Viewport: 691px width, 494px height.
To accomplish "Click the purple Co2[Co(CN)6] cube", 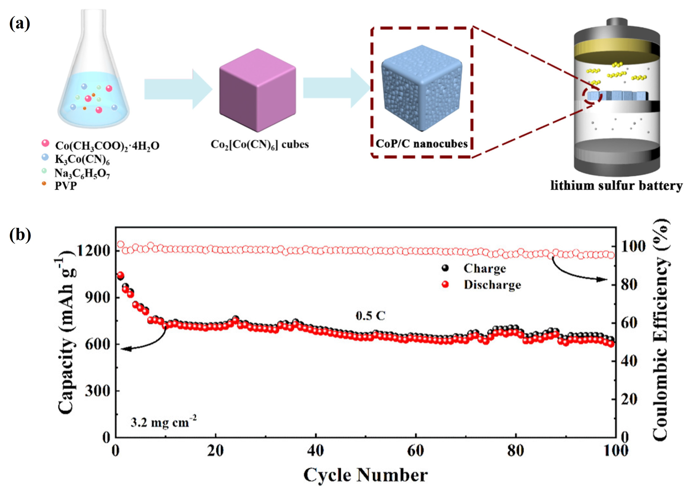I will [257, 90].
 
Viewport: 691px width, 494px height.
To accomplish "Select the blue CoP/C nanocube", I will [422, 88].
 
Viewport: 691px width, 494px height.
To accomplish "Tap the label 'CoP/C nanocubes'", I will [422, 143].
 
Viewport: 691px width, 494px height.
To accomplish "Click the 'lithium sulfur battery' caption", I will [616, 186].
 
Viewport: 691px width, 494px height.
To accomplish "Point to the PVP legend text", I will [66, 186].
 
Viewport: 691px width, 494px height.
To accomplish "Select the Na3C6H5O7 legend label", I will [82, 173].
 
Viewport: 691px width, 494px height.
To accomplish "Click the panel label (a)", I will [20, 24].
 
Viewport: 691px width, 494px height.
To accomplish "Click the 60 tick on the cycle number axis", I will [416, 450].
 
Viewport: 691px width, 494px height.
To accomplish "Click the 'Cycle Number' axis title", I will [365, 475].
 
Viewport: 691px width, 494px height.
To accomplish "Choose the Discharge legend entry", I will [492, 285].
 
